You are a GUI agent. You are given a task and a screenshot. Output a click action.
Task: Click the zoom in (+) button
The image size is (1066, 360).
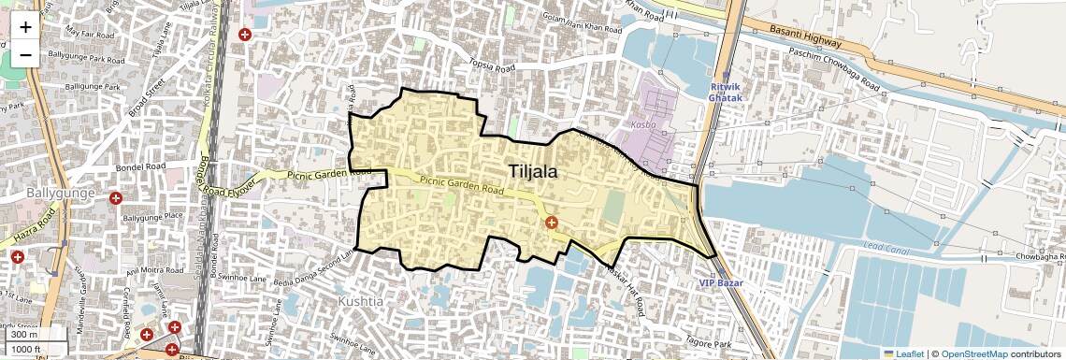[x=25, y=26]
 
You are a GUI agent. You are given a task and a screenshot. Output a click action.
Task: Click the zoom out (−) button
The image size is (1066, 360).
[x=25, y=54]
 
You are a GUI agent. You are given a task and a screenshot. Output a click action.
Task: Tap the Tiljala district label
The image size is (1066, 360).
[x=534, y=171]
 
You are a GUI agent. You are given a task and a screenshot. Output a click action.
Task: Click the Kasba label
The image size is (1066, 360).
[x=657, y=124]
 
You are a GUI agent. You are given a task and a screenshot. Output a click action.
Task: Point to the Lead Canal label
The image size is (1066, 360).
[x=886, y=246]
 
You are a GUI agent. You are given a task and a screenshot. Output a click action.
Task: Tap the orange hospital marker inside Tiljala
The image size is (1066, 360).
[x=552, y=223]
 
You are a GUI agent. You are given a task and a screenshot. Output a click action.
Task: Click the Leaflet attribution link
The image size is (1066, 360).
[x=902, y=353]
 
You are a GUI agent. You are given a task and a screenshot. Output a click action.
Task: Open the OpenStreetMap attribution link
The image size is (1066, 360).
[x=973, y=353]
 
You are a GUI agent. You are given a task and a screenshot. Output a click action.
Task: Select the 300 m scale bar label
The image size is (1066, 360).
[x=23, y=335]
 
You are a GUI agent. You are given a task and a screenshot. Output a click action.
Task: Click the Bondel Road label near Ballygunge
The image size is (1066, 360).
[x=139, y=166]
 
